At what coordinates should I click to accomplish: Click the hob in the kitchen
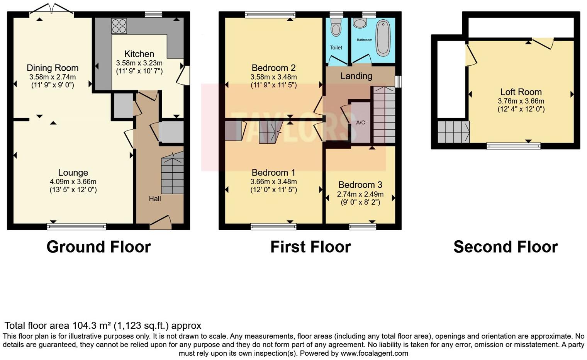pyautogui.click(x=119, y=26)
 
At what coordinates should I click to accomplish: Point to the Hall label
pyautogui.click(x=155, y=199)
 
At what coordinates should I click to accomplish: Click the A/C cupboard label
pyautogui.click(x=360, y=123)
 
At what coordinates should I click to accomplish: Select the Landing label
pyautogui.click(x=356, y=76)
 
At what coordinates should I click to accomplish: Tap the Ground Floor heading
pyautogui.click(x=98, y=247)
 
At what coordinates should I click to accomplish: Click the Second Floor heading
pyautogui.click(x=506, y=247)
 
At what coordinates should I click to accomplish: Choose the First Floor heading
pyautogui.click(x=310, y=247)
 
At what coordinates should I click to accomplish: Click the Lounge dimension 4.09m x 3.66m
pyautogui.click(x=73, y=182)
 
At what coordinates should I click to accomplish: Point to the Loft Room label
pyautogui.click(x=521, y=92)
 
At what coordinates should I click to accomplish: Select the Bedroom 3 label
pyautogui.click(x=360, y=185)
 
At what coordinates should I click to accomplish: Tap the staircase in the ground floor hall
pyautogui.click(x=172, y=174)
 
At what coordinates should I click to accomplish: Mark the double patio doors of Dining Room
pyautogui.click(x=51, y=9)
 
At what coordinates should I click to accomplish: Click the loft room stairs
pyautogui.click(x=453, y=132)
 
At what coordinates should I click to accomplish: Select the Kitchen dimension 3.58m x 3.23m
pyautogui.click(x=139, y=63)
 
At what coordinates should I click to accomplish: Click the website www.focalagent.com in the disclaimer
pyautogui.click(x=374, y=353)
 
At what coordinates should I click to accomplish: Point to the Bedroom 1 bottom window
pyautogui.click(x=273, y=227)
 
